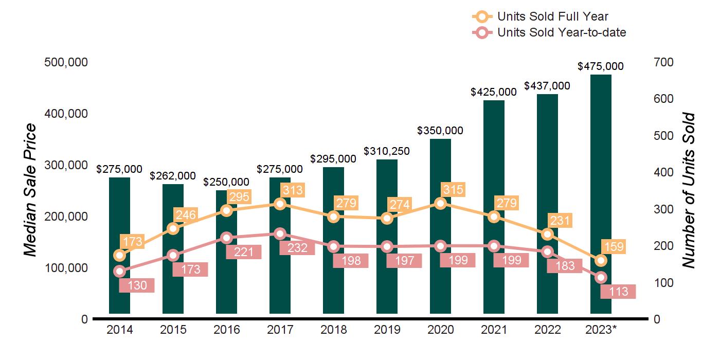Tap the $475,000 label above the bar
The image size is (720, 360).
601,66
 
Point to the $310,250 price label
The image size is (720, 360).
387,151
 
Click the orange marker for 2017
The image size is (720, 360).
280,204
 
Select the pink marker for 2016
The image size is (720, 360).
226,238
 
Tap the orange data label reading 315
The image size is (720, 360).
453,190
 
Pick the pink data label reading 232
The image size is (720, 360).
297,248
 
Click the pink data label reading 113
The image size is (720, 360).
618,292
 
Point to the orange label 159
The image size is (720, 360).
614,246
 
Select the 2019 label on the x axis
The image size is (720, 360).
387,330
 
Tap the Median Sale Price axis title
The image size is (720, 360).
30,190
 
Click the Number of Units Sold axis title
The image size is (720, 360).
688,190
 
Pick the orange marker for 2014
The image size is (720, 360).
119,255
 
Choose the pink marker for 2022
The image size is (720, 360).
547,251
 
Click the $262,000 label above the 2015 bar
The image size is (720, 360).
173,176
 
